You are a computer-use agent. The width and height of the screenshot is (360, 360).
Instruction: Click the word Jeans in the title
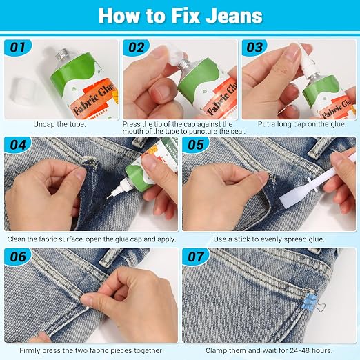pyautogui.click(x=234, y=16)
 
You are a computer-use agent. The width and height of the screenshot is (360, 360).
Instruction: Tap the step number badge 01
pyautogui.click(x=18, y=48)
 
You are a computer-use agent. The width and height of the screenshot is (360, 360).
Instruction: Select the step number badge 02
pyautogui.click(x=136, y=48)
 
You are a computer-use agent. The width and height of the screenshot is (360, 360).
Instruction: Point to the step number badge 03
pyautogui.click(x=254, y=48)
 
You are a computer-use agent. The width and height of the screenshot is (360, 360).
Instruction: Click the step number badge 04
pyautogui.click(x=18, y=145)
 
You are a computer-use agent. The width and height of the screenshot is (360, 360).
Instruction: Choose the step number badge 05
pyautogui.click(x=196, y=145)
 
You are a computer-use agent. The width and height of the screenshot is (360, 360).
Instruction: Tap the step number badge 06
pyautogui.click(x=18, y=257)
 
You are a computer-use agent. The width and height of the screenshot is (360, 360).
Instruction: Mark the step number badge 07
pyautogui.click(x=196, y=257)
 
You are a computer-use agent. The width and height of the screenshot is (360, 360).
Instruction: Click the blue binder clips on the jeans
pyautogui.click(x=309, y=301)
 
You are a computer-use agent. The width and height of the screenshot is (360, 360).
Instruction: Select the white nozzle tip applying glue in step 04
pyautogui.click(x=112, y=193)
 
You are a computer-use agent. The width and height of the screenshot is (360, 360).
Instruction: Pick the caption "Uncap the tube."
pyautogui.click(x=59, y=124)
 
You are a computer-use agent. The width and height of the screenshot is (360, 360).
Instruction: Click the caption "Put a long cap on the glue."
pyautogui.click(x=302, y=124)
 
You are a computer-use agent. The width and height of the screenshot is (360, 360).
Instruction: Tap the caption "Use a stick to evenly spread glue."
pyautogui.click(x=269, y=239)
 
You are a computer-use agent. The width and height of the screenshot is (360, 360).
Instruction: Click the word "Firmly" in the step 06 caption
pyautogui.click(x=30, y=351)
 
